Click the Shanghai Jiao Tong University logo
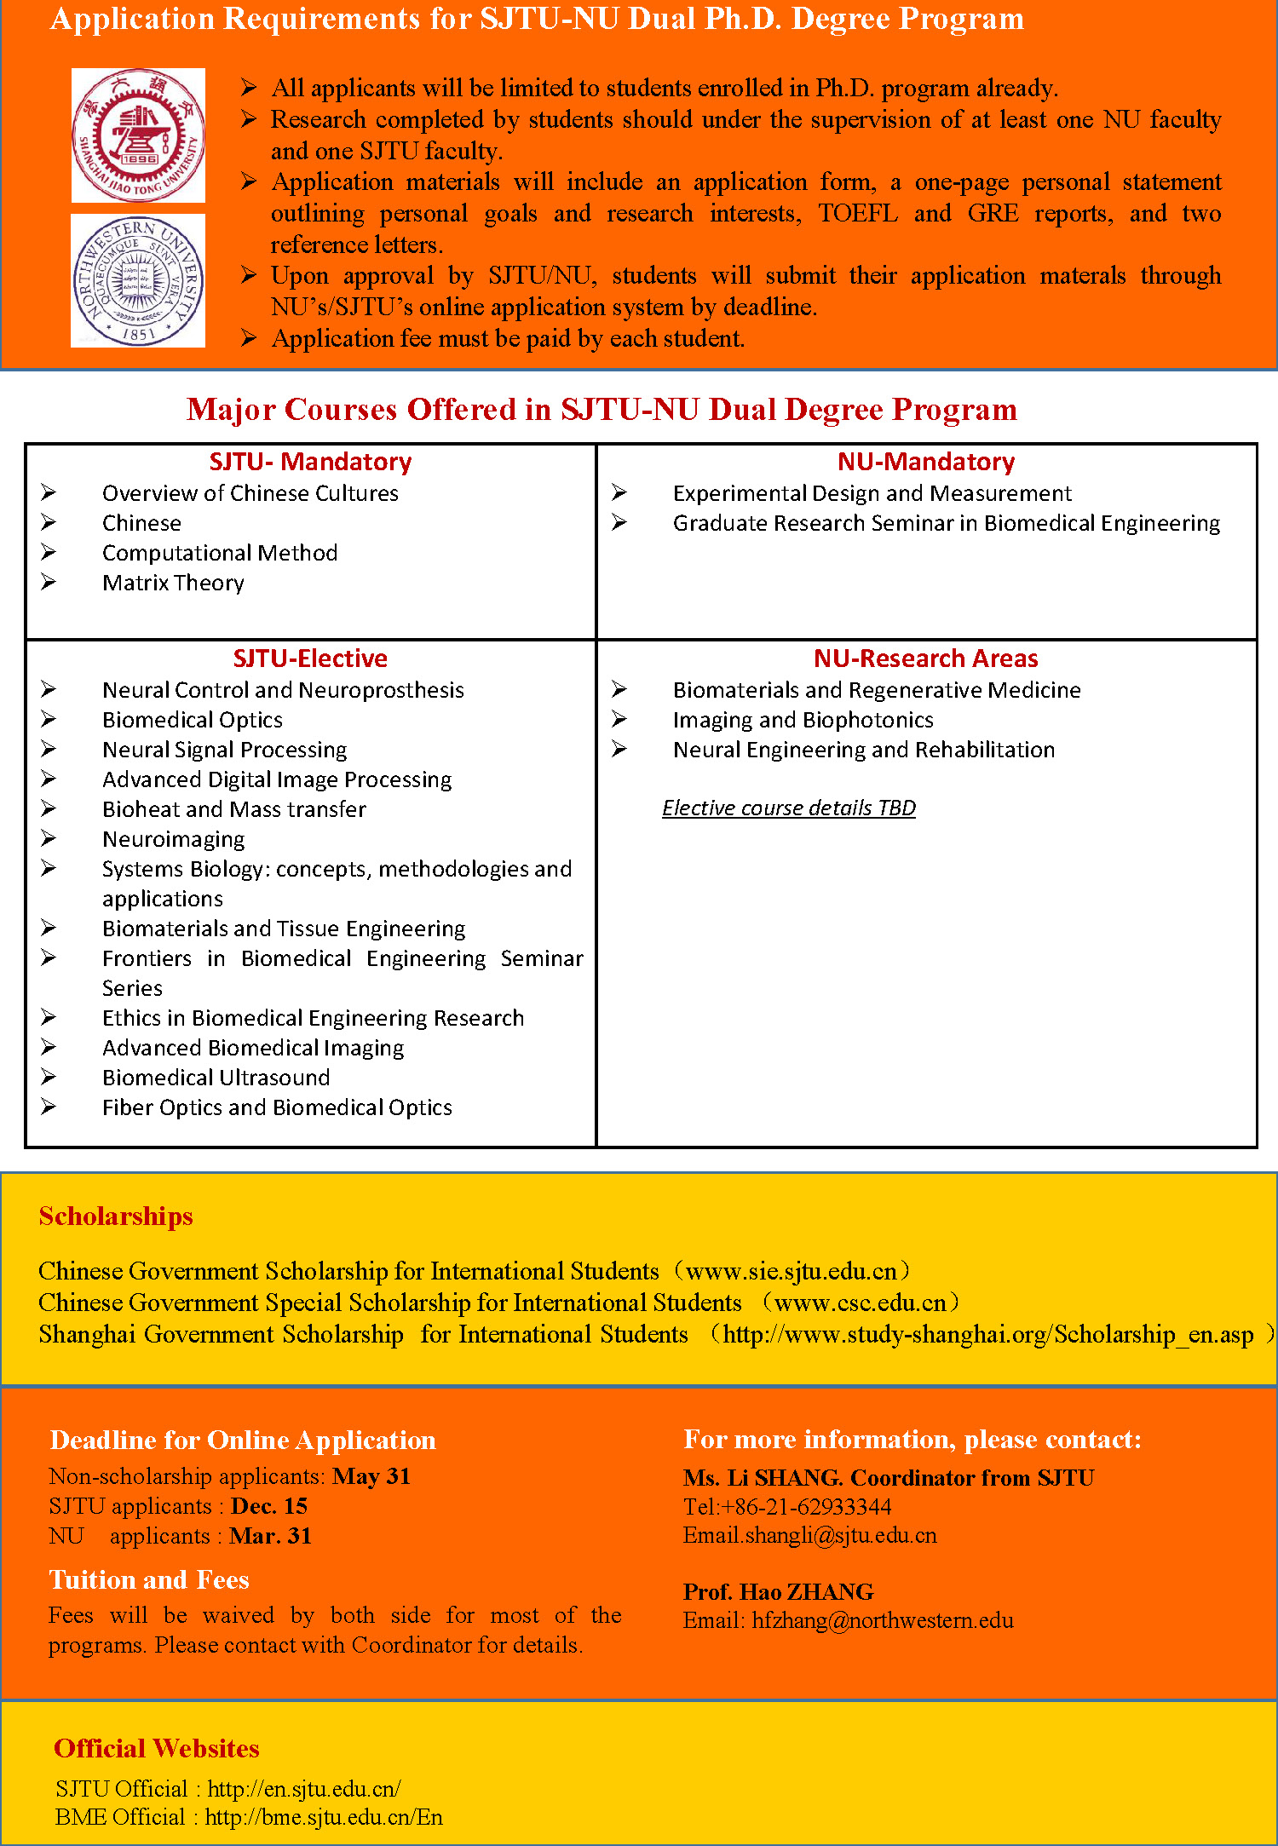pyautogui.click(x=138, y=135)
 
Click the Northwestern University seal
pyautogui.click(x=138, y=281)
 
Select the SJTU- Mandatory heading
pyautogui.click(x=310, y=462)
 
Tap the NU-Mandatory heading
pyautogui.click(x=926, y=462)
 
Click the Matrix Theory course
pyautogui.click(x=173, y=583)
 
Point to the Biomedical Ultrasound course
pyautogui.click(x=216, y=1078)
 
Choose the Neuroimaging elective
pyautogui.click(x=173, y=839)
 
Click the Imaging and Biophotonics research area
pyautogui.click(x=803, y=720)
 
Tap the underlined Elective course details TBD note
pyautogui.click(x=789, y=808)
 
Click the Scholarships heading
pyautogui.click(x=116, y=1216)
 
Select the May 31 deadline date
pyautogui.click(x=371, y=1476)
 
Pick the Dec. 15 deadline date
pyautogui.click(x=269, y=1506)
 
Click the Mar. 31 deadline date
pyautogui.click(x=271, y=1536)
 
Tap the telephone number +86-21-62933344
pyautogui.click(x=806, y=1506)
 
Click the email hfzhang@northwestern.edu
pyautogui.click(x=882, y=1620)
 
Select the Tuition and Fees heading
pyautogui.click(x=149, y=1580)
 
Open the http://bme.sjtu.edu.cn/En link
pyautogui.click(x=324, y=1817)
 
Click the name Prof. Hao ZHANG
pyautogui.click(x=778, y=1591)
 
